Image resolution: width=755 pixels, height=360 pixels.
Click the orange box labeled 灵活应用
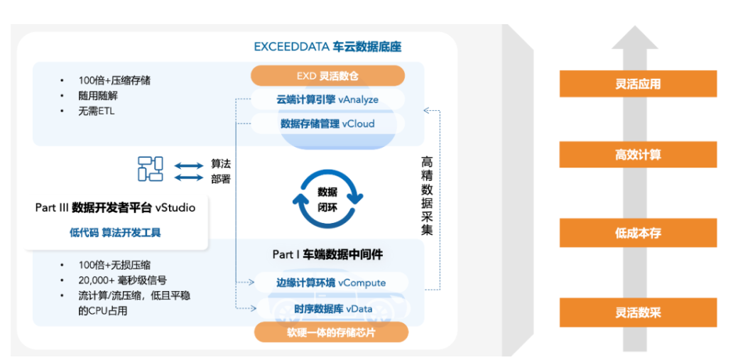point(637,84)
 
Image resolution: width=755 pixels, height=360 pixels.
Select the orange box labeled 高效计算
point(637,154)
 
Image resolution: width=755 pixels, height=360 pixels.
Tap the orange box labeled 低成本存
point(637,233)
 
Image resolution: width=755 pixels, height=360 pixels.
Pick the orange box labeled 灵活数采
point(637,312)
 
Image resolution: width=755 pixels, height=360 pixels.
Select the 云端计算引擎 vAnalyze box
point(327,99)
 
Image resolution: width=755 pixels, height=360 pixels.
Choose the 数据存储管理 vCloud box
point(327,124)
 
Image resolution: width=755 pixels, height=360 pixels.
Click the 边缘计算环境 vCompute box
point(331,283)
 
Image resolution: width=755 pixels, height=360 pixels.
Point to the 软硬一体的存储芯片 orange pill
point(331,332)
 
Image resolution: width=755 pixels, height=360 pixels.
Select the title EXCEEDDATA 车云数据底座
point(327,48)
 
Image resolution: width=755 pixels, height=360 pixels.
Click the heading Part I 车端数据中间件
point(328,254)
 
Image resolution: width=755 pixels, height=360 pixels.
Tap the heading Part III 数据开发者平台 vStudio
point(115,208)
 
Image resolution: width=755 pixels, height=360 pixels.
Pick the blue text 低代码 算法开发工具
point(115,233)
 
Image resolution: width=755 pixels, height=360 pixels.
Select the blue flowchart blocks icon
point(151,168)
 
